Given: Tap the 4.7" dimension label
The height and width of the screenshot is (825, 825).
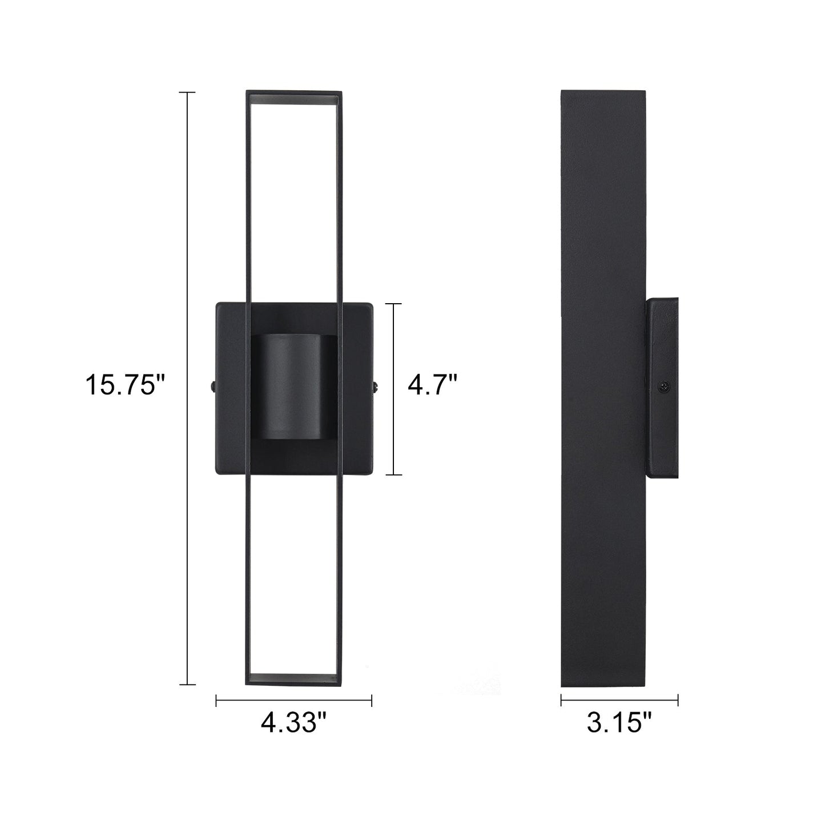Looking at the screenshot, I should pyautogui.click(x=432, y=384).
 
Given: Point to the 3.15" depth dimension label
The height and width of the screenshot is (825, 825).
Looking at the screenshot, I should pyautogui.click(x=619, y=723).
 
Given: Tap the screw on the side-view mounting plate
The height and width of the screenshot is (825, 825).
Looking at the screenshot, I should pyautogui.click(x=663, y=387).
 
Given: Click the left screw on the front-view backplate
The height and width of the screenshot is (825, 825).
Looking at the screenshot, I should pyautogui.click(x=212, y=387).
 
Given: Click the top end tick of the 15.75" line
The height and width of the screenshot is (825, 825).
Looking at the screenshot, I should pyautogui.click(x=187, y=92).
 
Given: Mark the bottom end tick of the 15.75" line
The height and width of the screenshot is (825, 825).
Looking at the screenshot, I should pyautogui.click(x=187, y=684).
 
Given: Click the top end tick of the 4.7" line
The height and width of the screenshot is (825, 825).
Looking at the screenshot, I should pyautogui.click(x=393, y=304).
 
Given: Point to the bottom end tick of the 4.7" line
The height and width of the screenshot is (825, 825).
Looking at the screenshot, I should pyautogui.click(x=393, y=474).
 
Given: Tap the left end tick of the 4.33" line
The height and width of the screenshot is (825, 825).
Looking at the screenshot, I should pyautogui.click(x=216, y=700).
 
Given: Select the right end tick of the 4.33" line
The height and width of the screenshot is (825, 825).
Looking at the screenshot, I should pyautogui.click(x=372, y=700).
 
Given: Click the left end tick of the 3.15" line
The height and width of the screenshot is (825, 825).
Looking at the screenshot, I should pyautogui.click(x=561, y=700).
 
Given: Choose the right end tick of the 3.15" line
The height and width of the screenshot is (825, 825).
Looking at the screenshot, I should pyautogui.click(x=678, y=700).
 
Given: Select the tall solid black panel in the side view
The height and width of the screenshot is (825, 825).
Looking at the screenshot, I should pyautogui.click(x=603, y=228).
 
